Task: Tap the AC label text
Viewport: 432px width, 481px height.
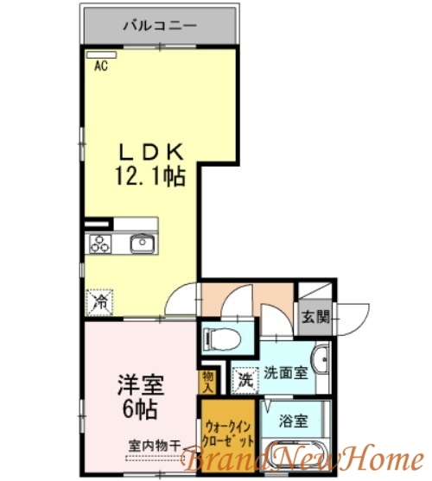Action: click(101, 66)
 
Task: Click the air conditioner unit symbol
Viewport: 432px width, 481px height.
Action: click(95, 54)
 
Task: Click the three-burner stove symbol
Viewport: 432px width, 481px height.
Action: click(99, 244)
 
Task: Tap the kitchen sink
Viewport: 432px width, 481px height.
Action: click(142, 244)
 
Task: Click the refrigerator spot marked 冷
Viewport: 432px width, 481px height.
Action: click(100, 302)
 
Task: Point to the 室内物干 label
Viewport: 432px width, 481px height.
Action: click(155, 445)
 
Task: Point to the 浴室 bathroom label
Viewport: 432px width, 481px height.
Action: click(292, 422)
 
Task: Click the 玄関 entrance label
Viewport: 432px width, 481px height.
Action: click(315, 316)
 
